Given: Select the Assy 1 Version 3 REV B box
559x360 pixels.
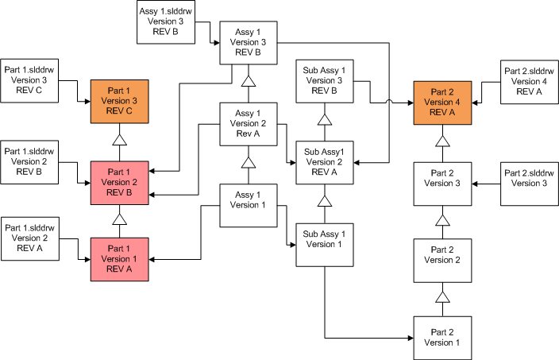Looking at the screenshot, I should pyautogui.click(x=248, y=42).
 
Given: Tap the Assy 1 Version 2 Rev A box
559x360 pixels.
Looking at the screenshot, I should pyautogui.click(x=248, y=123).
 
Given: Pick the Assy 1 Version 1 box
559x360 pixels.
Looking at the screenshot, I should pyautogui.click(x=248, y=203).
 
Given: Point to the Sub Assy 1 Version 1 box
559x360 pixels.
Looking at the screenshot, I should pyautogui.click(x=324, y=244).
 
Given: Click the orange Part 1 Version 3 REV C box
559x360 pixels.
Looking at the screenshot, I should pyautogui.click(x=119, y=101).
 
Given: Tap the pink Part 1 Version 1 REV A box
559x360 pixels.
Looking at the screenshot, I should pyautogui.click(x=119, y=258).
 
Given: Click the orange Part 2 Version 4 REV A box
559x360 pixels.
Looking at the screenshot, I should pyautogui.click(x=442, y=101).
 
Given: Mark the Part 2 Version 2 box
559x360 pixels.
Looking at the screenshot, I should pyautogui.click(x=442, y=259).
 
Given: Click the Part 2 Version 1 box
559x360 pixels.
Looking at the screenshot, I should pyautogui.click(x=442, y=337).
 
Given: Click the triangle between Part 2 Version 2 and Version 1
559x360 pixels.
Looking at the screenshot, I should pyautogui.click(x=442, y=297).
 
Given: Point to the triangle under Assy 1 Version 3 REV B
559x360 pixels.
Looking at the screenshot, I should pyautogui.click(x=248, y=81).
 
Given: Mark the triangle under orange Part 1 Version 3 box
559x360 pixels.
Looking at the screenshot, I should pyautogui.click(x=119, y=140).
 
